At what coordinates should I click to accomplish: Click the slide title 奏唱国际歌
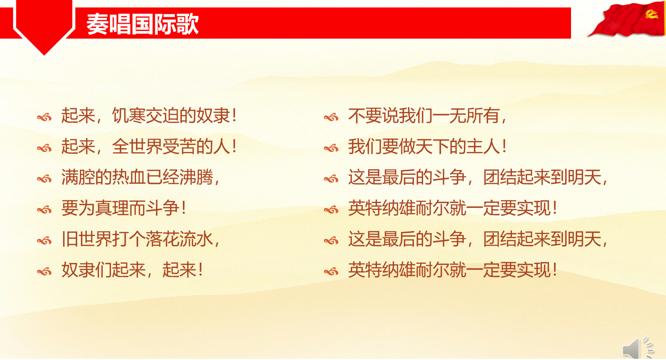click(x=142, y=24)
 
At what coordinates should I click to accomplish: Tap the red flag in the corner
click(x=626, y=19)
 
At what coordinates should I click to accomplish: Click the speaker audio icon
click(x=637, y=348)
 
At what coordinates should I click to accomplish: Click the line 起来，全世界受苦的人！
click(x=149, y=146)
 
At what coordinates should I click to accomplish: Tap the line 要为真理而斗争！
click(x=123, y=208)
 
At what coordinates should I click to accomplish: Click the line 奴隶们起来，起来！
click(x=132, y=270)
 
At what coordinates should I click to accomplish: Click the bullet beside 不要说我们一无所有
click(x=331, y=117)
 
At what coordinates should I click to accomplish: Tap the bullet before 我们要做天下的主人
click(x=331, y=148)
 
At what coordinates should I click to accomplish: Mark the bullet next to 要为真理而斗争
click(x=44, y=210)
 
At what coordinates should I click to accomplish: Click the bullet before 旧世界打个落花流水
click(x=44, y=241)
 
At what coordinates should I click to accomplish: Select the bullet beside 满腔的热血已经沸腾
click(x=44, y=179)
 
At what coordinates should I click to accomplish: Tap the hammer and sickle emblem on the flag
click(x=651, y=14)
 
